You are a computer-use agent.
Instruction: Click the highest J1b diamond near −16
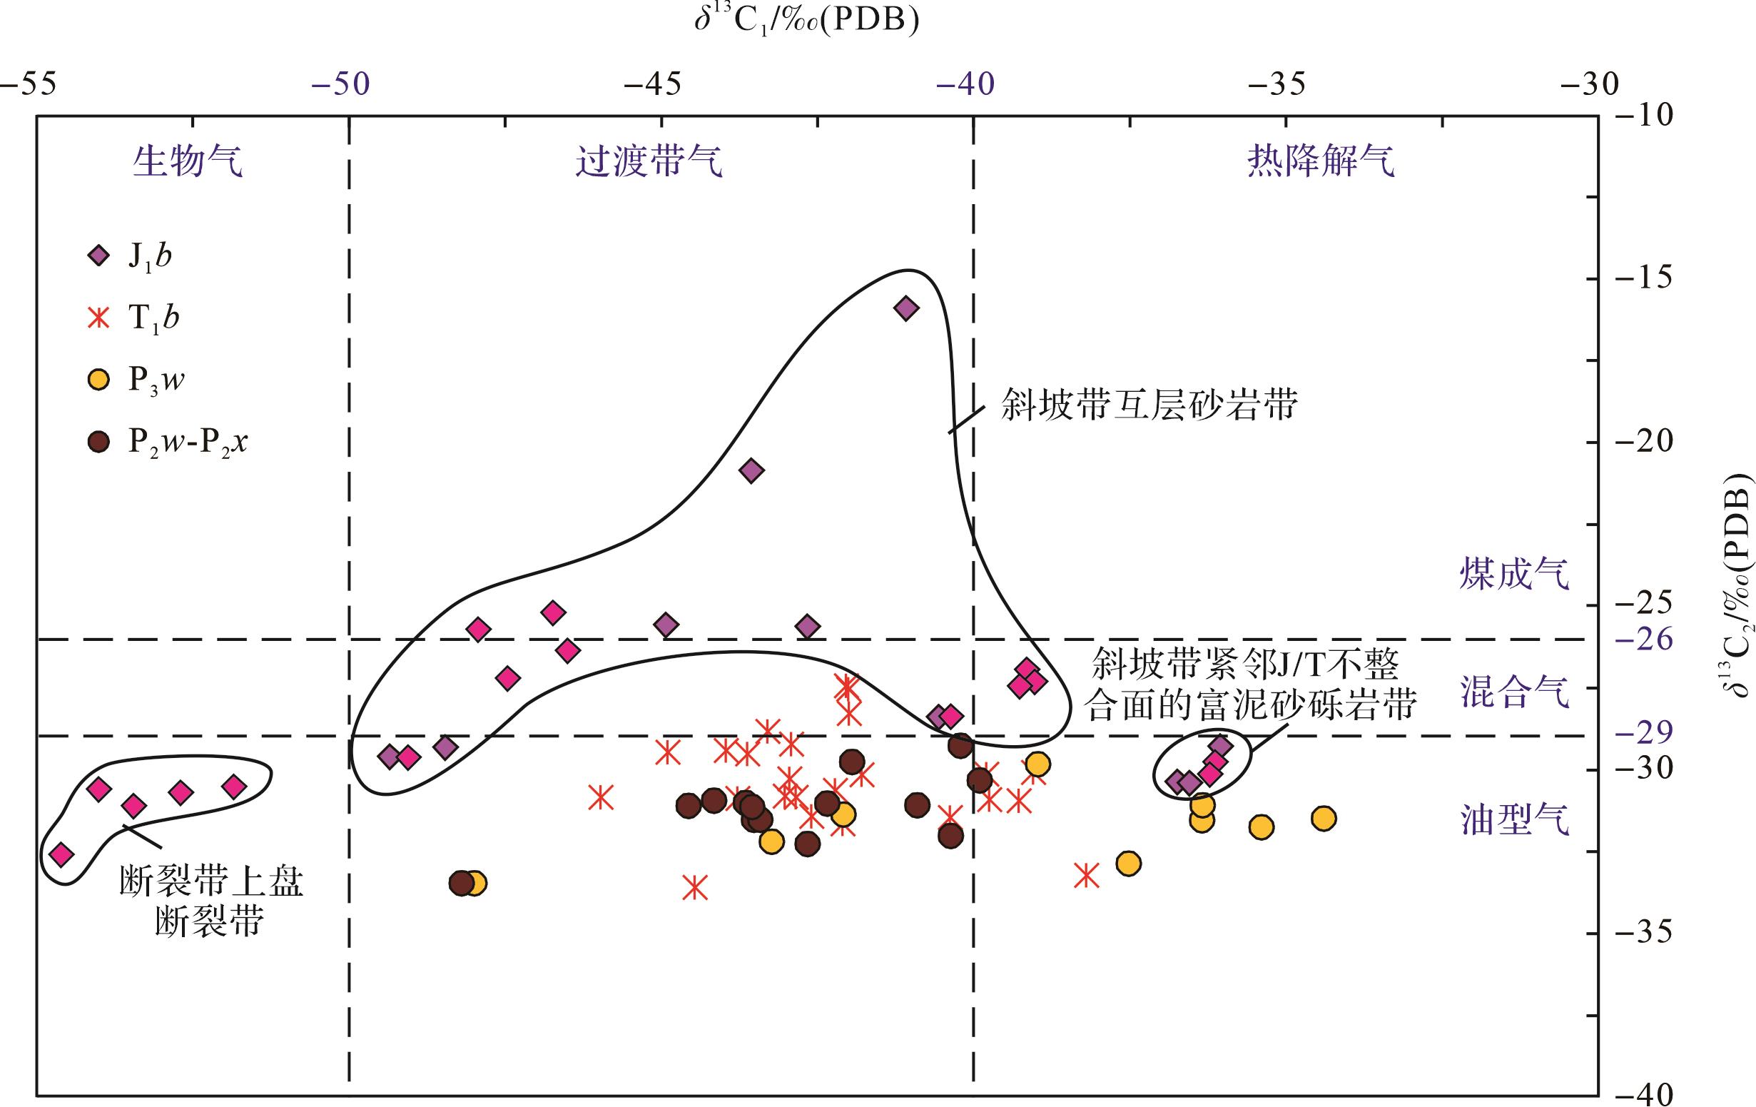[905, 308]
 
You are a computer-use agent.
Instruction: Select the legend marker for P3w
[98, 380]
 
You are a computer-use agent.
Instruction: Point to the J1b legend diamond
[98, 256]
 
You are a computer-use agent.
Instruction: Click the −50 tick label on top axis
[340, 85]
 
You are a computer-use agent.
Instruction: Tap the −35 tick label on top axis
[1285, 85]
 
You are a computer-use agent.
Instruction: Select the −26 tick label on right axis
[1644, 640]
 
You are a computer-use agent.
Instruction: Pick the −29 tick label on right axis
[1644, 732]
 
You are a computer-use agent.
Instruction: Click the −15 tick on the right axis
[1644, 278]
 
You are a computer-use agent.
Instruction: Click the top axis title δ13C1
[806, 21]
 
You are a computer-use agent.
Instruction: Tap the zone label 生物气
[188, 161]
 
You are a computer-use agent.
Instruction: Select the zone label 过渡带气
[649, 161]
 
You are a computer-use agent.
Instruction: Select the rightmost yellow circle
[1324, 818]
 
